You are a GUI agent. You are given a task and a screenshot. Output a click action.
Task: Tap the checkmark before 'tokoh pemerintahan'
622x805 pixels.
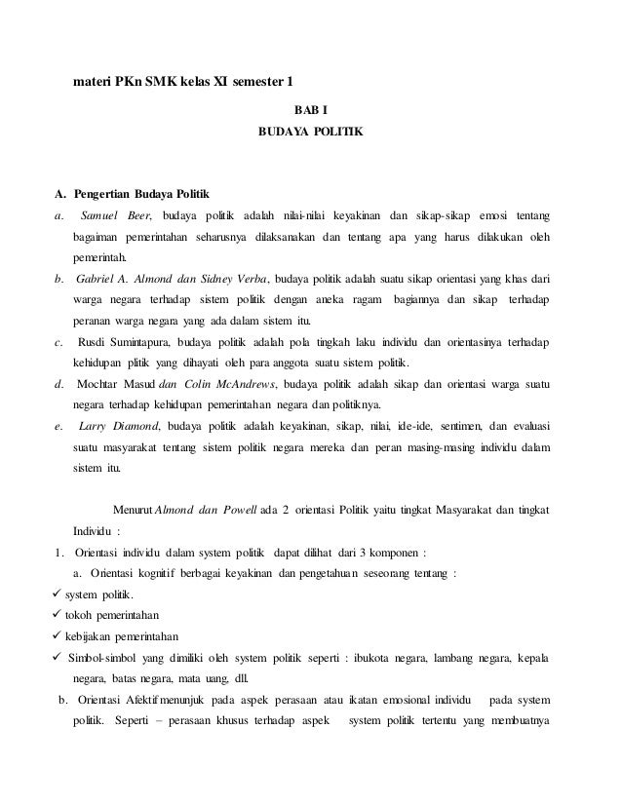tap(57, 616)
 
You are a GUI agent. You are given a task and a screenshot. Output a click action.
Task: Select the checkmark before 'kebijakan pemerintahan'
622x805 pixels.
tap(57, 636)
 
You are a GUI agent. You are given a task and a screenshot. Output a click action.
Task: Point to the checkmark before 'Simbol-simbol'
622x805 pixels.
tap(57, 658)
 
